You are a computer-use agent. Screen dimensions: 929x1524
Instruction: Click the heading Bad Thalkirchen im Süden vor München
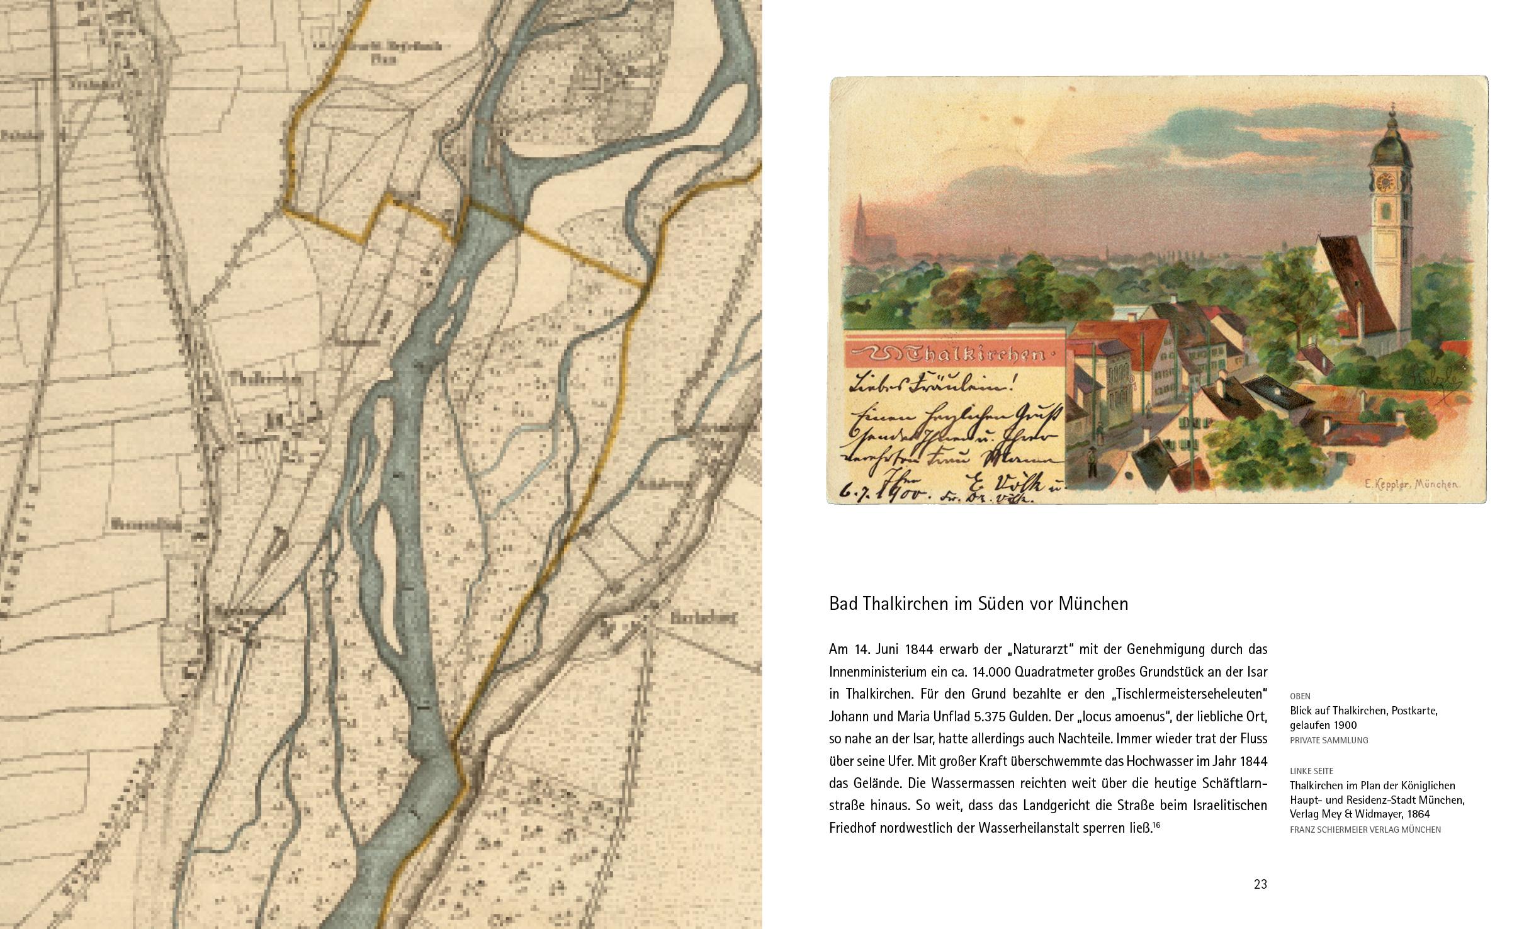[978, 604]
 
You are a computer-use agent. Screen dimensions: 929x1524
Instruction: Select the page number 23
[1260, 884]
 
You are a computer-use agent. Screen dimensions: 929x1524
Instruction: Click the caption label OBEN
[1300, 696]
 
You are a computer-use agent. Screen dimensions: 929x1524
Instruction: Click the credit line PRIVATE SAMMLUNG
[1329, 740]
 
